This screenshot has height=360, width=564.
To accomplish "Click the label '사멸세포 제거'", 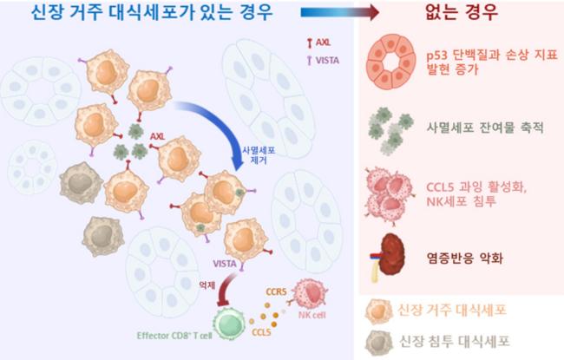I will (258, 154).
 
